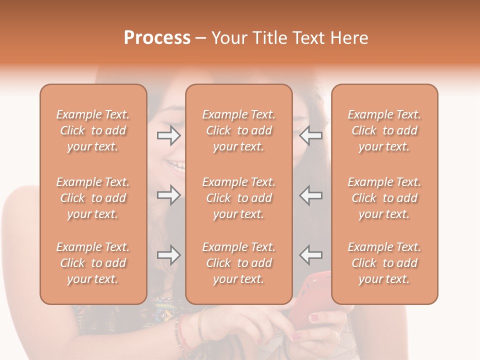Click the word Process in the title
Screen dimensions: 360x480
[x=157, y=38]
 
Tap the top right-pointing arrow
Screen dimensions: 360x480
[x=168, y=135]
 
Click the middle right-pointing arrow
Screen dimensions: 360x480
[x=168, y=195]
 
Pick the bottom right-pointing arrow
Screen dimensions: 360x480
[x=168, y=255]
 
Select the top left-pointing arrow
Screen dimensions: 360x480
[x=311, y=135]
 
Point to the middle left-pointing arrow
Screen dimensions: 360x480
[x=311, y=195]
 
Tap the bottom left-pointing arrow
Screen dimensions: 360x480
[x=311, y=255]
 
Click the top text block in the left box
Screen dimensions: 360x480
[x=93, y=130]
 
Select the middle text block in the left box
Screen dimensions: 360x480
[x=93, y=198]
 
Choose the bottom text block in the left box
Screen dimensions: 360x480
[x=93, y=263]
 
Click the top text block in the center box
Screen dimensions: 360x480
[x=239, y=130]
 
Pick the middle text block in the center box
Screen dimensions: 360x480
[x=239, y=198]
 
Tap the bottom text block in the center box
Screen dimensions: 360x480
[x=239, y=263]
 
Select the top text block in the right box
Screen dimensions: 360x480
[x=384, y=130]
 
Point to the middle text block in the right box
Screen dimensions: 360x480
[x=384, y=198]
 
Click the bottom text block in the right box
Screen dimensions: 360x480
[x=384, y=263]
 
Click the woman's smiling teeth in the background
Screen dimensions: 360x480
[x=176, y=164]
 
